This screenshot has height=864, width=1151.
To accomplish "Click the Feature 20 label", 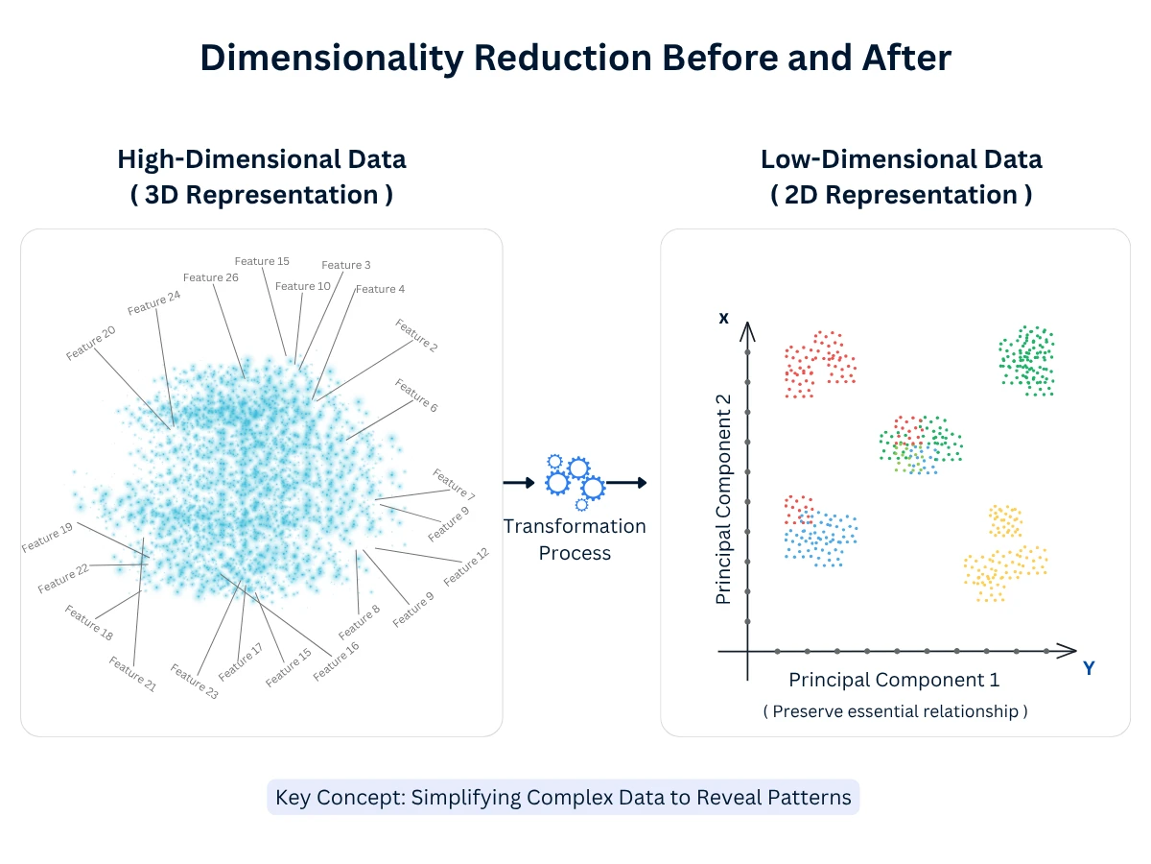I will [x=91, y=343].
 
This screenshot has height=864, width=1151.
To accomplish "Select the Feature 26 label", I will [x=211, y=277].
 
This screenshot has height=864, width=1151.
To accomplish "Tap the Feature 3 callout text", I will [x=346, y=265].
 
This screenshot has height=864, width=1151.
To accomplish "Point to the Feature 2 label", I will [x=416, y=335].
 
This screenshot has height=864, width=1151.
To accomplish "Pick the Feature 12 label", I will [x=466, y=566].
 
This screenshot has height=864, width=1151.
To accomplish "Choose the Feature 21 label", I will [x=132, y=674].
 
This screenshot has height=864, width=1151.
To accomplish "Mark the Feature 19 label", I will [x=47, y=538].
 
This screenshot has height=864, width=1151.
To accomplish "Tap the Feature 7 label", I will [x=454, y=484].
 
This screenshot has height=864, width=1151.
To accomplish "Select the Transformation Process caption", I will [x=575, y=540].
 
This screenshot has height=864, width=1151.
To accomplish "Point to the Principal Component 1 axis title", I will [x=894, y=680].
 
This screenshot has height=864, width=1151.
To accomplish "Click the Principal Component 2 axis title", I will [x=724, y=499].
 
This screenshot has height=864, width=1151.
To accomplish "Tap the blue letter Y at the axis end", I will [x=1089, y=668].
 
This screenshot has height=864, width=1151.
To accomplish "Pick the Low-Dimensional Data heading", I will [x=901, y=158].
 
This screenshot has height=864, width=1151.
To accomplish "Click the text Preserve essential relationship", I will [x=895, y=711].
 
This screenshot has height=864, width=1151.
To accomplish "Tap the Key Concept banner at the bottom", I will [x=563, y=798].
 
